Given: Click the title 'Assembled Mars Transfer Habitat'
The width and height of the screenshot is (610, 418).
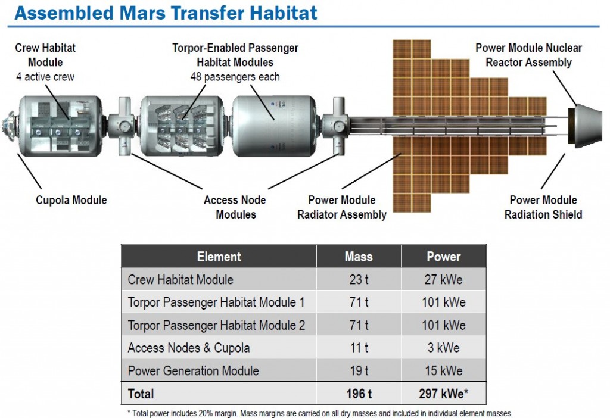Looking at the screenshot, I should tap(166, 13).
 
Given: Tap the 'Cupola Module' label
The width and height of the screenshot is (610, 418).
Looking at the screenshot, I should tap(71, 200).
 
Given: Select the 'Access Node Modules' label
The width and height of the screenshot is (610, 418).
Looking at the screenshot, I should tap(234, 207).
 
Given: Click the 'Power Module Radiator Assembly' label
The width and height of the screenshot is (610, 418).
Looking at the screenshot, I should tap(342, 207).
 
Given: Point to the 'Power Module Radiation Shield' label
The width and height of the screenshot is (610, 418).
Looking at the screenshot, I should tap(543, 207).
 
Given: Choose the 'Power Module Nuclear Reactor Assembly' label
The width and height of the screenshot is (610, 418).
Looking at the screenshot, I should tap(528, 55).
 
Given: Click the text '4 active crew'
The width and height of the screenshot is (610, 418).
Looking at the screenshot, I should tap(45, 77).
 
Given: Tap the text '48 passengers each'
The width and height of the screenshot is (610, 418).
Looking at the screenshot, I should tap(235, 77).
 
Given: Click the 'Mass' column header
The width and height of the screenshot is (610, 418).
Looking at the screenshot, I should tap(359, 257).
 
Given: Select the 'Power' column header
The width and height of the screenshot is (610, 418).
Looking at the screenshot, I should tap(443, 257).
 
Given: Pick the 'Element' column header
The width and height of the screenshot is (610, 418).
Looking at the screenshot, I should tap(219, 257).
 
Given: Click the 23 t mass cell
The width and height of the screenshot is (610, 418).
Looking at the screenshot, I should tap(359, 279).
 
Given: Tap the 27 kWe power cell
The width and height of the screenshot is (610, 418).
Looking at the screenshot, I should tap(443, 279).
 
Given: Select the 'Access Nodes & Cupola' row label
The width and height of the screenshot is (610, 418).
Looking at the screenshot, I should tap(188, 348).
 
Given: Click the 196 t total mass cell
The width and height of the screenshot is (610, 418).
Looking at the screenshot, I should tap(359, 394).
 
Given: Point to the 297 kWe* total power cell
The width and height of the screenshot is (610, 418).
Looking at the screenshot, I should tap(443, 394).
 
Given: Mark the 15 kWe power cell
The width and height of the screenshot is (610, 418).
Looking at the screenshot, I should tap(443, 371).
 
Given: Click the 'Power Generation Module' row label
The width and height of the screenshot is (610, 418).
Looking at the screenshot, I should tap(193, 371).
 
